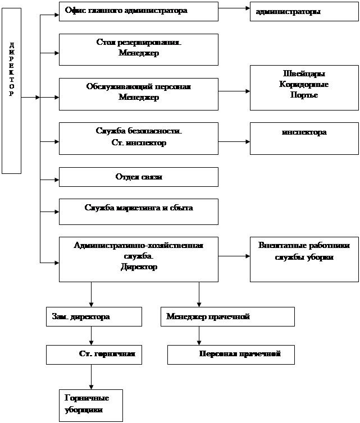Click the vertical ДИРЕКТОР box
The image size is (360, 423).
11,91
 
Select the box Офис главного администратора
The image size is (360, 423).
139,11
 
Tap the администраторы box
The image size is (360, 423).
304,11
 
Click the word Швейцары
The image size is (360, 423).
304,73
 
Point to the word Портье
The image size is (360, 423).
304,95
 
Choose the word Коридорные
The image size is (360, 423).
304,84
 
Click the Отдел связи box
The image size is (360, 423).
139,177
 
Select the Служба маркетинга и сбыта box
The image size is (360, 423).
139,211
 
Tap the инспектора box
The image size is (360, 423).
304,139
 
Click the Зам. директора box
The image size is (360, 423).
94,317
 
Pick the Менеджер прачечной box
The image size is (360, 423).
227,317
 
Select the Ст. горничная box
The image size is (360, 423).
94,355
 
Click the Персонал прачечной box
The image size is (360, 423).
231,355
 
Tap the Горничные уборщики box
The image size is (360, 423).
91,406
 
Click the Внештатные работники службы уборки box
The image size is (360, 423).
304,260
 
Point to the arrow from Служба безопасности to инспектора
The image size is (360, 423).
234,141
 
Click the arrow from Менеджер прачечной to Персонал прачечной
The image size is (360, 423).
199,336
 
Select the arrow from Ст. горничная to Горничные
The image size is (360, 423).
92,377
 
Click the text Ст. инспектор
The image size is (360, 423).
139,142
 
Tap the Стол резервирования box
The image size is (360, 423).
139,49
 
